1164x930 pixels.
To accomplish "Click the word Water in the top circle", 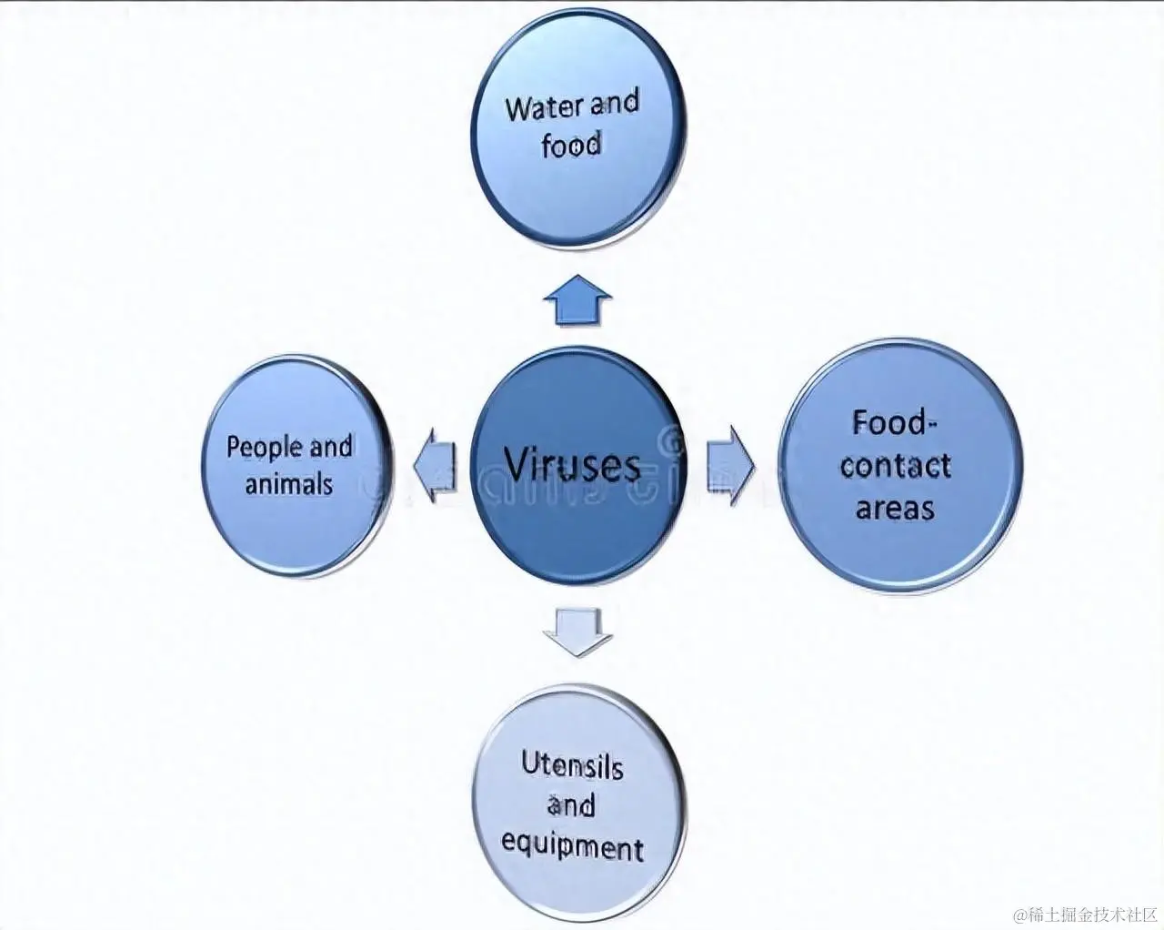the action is (543, 107).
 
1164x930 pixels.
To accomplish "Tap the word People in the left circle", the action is (264, 448).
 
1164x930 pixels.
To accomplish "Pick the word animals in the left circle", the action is (289, 484).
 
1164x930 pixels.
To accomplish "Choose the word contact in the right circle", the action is (895, 466).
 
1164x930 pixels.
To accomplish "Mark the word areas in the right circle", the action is (895, 508).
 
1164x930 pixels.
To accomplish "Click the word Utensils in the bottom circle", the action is (572, 765).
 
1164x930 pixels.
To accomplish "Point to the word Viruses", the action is (571, 465).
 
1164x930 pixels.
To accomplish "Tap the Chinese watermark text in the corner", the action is (1087, 914).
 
